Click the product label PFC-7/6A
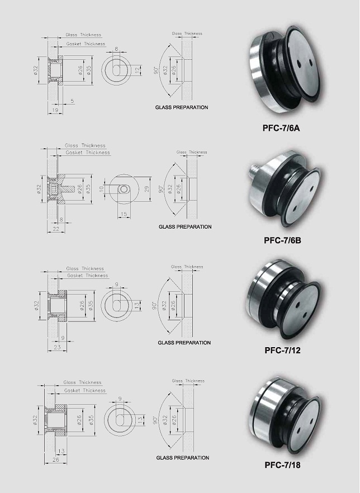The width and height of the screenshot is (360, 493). pos(281,129)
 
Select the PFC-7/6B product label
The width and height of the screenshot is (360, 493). pos(282,240)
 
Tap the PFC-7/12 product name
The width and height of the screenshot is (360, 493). pos(282,350)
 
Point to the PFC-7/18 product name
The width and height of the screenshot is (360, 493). pos(282,465)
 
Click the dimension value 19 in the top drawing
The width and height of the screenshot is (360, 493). pos(55,110)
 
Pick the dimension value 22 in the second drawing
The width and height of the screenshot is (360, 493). pos(56,229)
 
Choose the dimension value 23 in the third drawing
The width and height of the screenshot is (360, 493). pos(57,347)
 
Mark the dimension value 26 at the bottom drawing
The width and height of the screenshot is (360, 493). pos(56,460)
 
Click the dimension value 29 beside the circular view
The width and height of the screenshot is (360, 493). pos(147,189)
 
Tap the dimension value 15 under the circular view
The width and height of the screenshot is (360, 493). pos(124,215)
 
